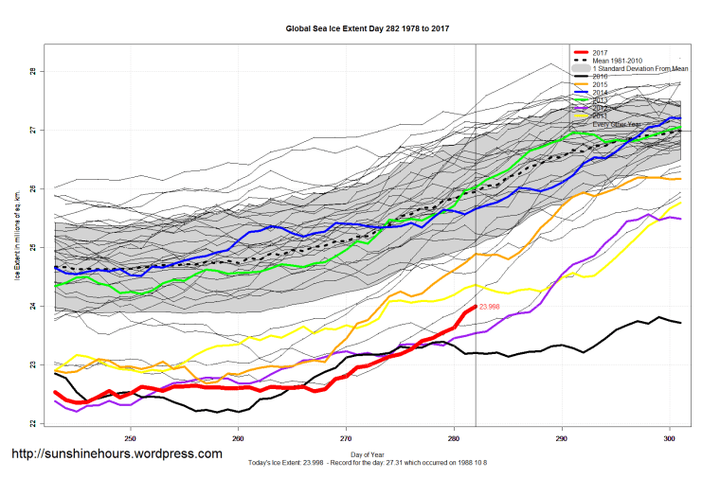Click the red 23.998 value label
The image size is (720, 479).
tap(490, 307)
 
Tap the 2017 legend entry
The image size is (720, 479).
tap(600, 53)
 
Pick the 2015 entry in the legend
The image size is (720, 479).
tap(600, 84)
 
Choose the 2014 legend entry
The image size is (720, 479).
tap(600, 92)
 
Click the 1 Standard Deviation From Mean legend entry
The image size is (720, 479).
tap(640, 68)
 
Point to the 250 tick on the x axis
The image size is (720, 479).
tap(130, 438)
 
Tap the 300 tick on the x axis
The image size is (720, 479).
tap(669, 438)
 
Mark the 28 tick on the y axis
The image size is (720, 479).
tap(31, 71)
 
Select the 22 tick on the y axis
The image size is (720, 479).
tap(31, 423)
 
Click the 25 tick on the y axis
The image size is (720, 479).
tap(31, 247)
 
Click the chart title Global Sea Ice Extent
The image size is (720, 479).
tap(367, 28)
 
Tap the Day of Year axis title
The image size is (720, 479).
tap(367, 455)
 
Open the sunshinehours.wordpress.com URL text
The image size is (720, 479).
tap(117, 454)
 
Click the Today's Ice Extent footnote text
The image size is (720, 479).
tap(367, 463)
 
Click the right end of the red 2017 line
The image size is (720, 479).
tap(475, 306)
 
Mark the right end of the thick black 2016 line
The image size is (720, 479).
tap(680, 323)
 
